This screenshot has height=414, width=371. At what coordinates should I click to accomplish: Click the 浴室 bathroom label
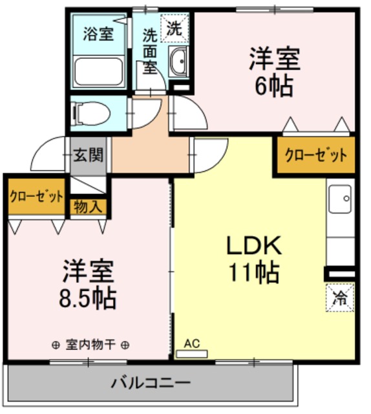tap(99, 34)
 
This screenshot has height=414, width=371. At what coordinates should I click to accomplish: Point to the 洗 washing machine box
tap(175, 28)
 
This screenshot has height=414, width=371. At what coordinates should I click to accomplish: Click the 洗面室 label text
tap(150, 50)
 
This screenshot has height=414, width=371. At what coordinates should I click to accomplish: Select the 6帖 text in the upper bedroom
tap(274, 85)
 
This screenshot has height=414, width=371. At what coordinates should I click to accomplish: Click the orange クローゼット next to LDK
tap(316, 155)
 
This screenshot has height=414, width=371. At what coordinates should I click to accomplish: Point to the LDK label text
tap(253, 245)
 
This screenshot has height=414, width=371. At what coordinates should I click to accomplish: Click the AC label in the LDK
tap(192, 343)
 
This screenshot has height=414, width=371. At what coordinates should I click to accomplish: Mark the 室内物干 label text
tap(90, 345)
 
